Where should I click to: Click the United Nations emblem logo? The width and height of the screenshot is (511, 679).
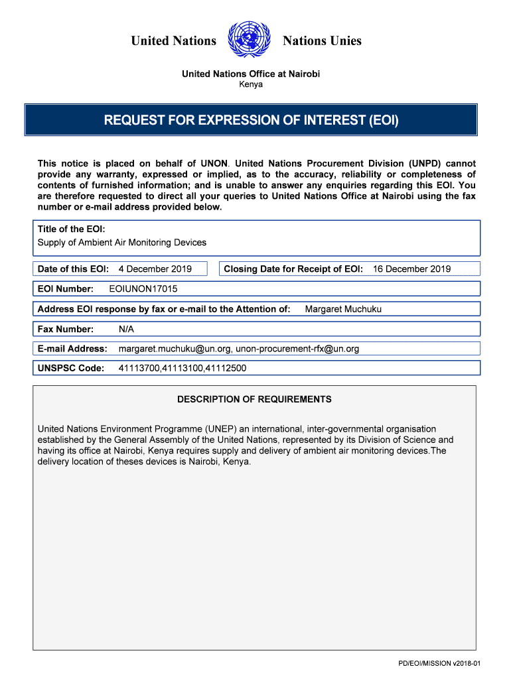tap(250, 40)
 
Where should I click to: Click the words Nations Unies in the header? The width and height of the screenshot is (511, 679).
tap(322, 41)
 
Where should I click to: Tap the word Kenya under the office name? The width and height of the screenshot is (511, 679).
tap(251, 84)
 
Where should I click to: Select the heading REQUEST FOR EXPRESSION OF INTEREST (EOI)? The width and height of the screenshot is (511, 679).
tap(251, 120)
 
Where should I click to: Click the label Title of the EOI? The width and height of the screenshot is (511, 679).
tap(72, 229)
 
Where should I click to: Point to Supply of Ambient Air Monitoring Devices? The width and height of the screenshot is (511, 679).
tap(122, 243)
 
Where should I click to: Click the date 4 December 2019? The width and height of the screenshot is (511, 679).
tap(155, 269)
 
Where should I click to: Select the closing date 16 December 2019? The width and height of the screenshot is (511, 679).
tap(411, 269)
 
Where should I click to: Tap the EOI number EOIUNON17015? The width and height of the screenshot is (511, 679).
tap(143, 289)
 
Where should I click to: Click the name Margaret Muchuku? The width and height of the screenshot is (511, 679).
tap(343, 309)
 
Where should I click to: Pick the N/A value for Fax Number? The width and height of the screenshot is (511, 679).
tap(126, 329)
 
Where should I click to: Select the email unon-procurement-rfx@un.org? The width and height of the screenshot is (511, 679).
tap(297, 349)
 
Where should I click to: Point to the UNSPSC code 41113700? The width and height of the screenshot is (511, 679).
tap(139, 369)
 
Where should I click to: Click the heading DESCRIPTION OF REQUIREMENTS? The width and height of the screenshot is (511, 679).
tap(254, 399)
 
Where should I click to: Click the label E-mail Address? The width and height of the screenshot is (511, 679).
tap(72, 349)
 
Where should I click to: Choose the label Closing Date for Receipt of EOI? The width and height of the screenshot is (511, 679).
tap(293, 269)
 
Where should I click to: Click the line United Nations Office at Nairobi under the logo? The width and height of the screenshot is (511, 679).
tap(251, 74)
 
